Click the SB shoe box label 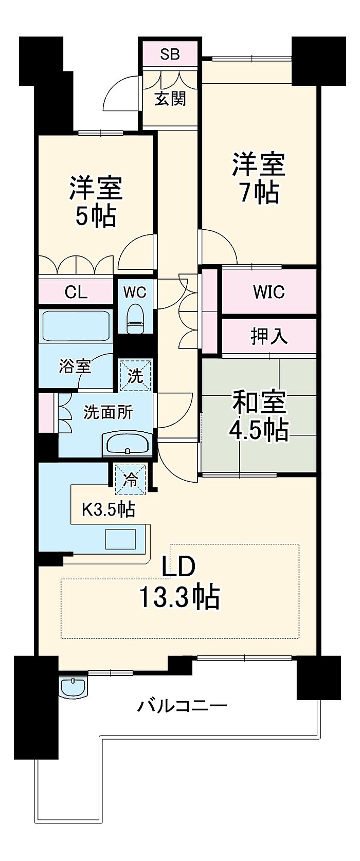click(x=170, y=54)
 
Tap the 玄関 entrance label click(x=170, y=99)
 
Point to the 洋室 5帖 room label click(x=96, y=201)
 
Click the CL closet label click(x=76, y=293)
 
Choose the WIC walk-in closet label click(x=268, y=292)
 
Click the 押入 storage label click(x=269, y=337)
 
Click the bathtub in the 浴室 click(x=76, y=325)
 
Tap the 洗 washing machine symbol click(x=135, y=375)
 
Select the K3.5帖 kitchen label click(x=109, y=510)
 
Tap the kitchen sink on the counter click(x=121, y=539)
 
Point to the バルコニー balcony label click(x=182, y=706)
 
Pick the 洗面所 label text click(x=109, y=412)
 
